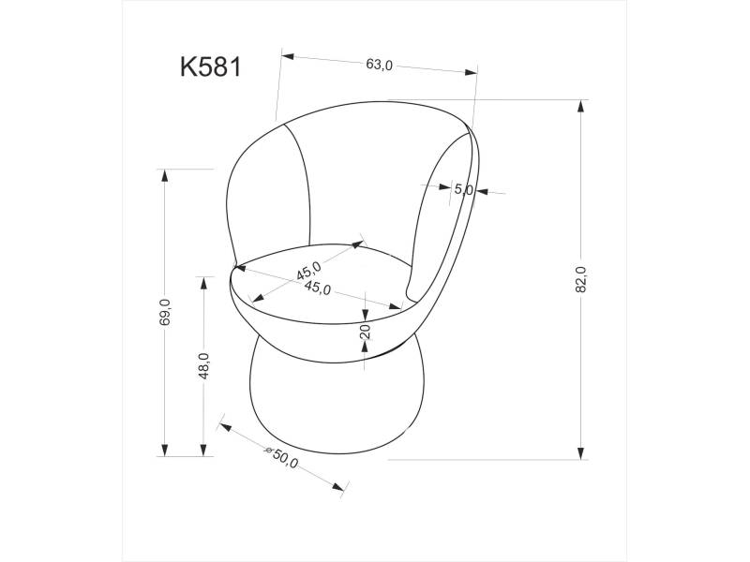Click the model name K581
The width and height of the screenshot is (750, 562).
(x=211, y=68)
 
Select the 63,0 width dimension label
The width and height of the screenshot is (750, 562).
(x=379, y=65)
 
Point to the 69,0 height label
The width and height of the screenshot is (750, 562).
(x=165, y=311)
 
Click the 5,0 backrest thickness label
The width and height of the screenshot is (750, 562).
(x=463, y=189)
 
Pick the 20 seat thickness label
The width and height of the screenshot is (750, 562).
(x=366, y=329)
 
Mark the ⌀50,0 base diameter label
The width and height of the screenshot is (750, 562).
(x=281, y=459)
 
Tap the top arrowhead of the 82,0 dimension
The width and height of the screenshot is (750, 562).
(x=581, y=104)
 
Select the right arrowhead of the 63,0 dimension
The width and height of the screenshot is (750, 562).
(x=470, y=71)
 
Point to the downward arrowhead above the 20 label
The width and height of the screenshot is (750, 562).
(x=365, y=312)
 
